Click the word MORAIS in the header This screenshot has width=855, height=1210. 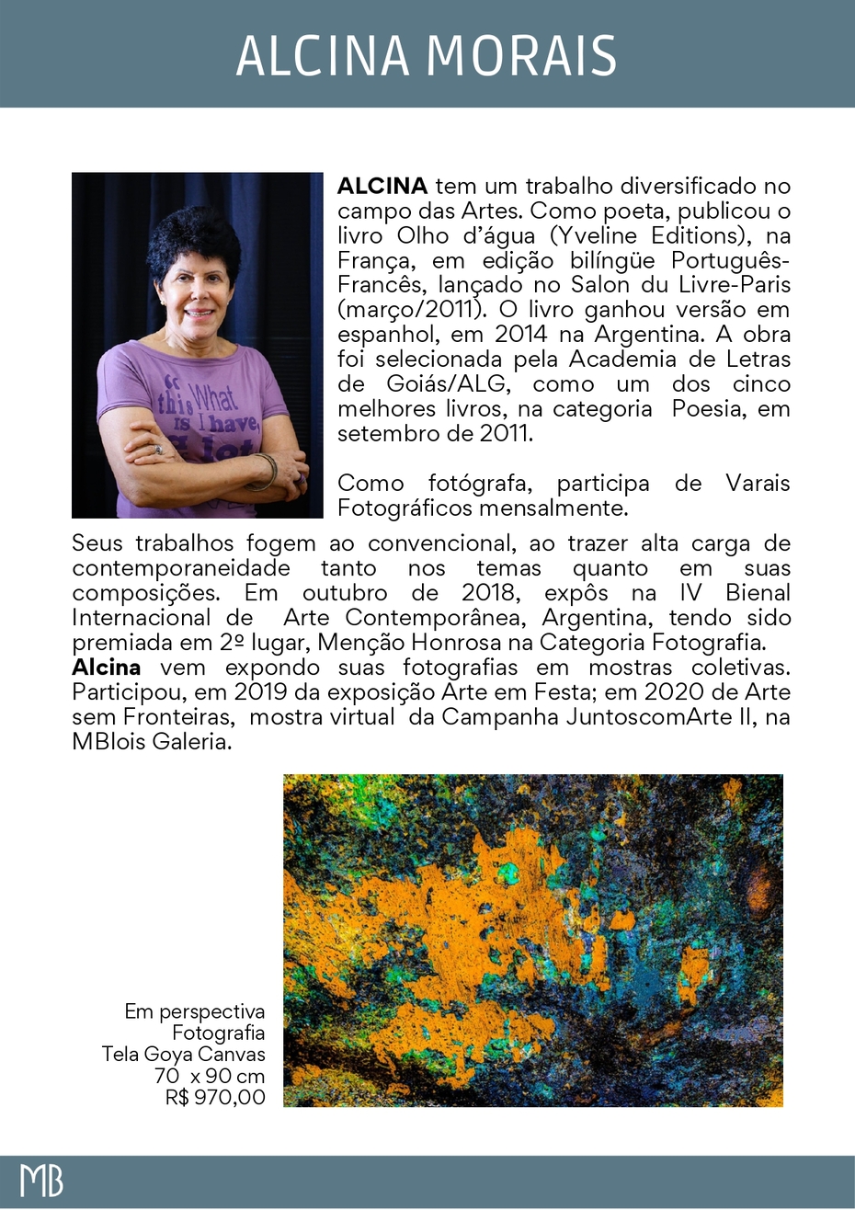point(522,56)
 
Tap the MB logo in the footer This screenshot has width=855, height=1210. point(41,1181)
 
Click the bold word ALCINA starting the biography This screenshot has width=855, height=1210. point(382,187)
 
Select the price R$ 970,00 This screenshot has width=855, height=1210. point(215,1097)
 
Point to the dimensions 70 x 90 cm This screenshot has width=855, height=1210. point(210,1076)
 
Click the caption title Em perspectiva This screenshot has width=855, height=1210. point(195,1012)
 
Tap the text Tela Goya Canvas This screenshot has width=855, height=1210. point(184,1055)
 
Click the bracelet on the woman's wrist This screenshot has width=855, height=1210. point(264,471)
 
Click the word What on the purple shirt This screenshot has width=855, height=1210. point(213,398)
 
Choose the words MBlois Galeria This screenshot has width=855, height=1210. point(151,742)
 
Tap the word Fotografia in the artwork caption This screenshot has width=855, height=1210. point(219,1033)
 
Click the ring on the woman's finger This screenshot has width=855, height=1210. point(157,451)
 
